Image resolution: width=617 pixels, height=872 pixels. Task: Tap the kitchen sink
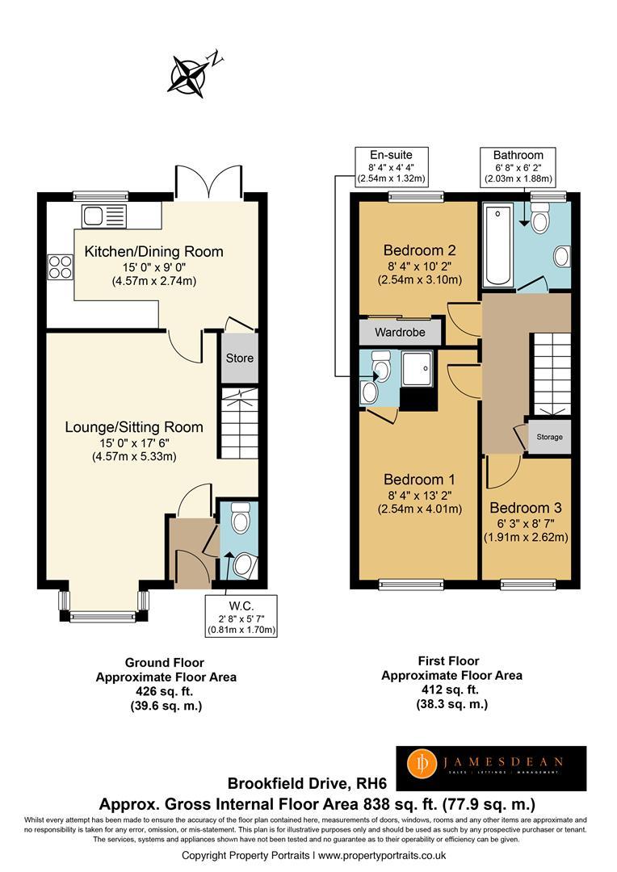click(105, 216)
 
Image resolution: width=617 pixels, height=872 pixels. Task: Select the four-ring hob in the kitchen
click(60, 266)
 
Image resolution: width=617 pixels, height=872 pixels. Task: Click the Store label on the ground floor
click(240, 358)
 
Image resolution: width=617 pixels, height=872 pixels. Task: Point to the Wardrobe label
click(400, 333)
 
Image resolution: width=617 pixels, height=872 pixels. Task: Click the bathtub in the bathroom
click(497, 245)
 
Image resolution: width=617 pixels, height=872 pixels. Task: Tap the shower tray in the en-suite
click(418, 368)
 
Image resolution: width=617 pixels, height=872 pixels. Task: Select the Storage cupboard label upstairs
click(550, 437)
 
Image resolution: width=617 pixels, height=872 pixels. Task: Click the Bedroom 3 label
click(526, 508)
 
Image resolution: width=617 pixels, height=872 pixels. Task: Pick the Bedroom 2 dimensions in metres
click(420, 279)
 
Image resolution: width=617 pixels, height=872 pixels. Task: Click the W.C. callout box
click(241, 616)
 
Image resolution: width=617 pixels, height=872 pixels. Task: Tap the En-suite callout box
click(391, 166)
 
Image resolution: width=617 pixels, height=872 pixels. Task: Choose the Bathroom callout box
click(518, 166)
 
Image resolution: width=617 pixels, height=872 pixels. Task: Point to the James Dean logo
click(491, 768)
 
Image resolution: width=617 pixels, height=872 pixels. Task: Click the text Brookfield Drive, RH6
click(307, 783)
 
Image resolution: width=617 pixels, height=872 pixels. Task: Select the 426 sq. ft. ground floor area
click(165, 692)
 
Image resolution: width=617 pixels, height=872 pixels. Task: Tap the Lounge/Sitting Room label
click(134, 427)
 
